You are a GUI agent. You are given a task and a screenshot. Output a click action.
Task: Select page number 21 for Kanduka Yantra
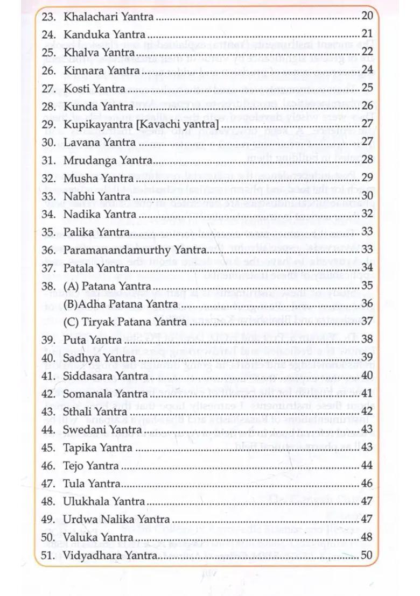[x=367, y=34]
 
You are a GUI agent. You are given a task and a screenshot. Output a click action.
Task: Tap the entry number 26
[x=49, y=70]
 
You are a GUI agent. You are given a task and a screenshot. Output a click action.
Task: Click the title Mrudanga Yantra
[x=108, y=160]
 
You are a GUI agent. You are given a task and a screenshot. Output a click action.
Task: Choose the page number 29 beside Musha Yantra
[x=367, y=178]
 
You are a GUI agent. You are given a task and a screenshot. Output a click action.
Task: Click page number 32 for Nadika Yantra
[x=367, y=214]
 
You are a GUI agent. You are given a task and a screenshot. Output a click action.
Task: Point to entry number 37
[x=49, y=268]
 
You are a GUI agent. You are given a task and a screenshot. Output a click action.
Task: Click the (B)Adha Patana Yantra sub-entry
[x=121, y=304]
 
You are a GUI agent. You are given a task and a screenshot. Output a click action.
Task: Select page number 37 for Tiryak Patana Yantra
[x=367, y=322]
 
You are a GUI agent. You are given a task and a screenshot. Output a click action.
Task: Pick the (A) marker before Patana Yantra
[x=71, y=286]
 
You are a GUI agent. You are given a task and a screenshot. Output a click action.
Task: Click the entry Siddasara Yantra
[x=106, y=376]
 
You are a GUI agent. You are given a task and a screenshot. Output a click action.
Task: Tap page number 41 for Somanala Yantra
[x=367, y=394]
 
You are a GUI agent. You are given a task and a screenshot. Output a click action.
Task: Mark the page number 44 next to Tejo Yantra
[x=367, y=465]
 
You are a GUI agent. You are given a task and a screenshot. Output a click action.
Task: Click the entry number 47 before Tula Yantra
[x=49, y=484]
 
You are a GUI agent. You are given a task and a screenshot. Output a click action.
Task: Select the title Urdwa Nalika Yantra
[x=116, y=520]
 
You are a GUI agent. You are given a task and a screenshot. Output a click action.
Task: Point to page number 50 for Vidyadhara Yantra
[x=367, y=555]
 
